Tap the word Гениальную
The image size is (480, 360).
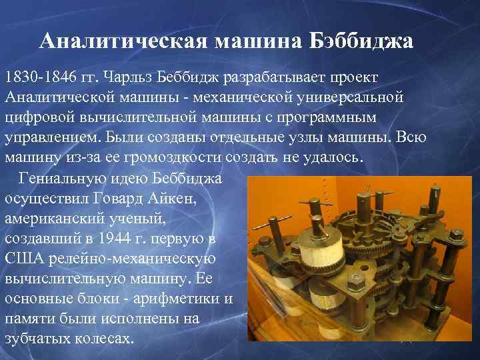pyautogui.click(x=67, y=179)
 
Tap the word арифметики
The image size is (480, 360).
pyautogui.click(x=180, y=298)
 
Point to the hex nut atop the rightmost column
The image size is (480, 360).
pyautogui.click(x=459, y=235)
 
